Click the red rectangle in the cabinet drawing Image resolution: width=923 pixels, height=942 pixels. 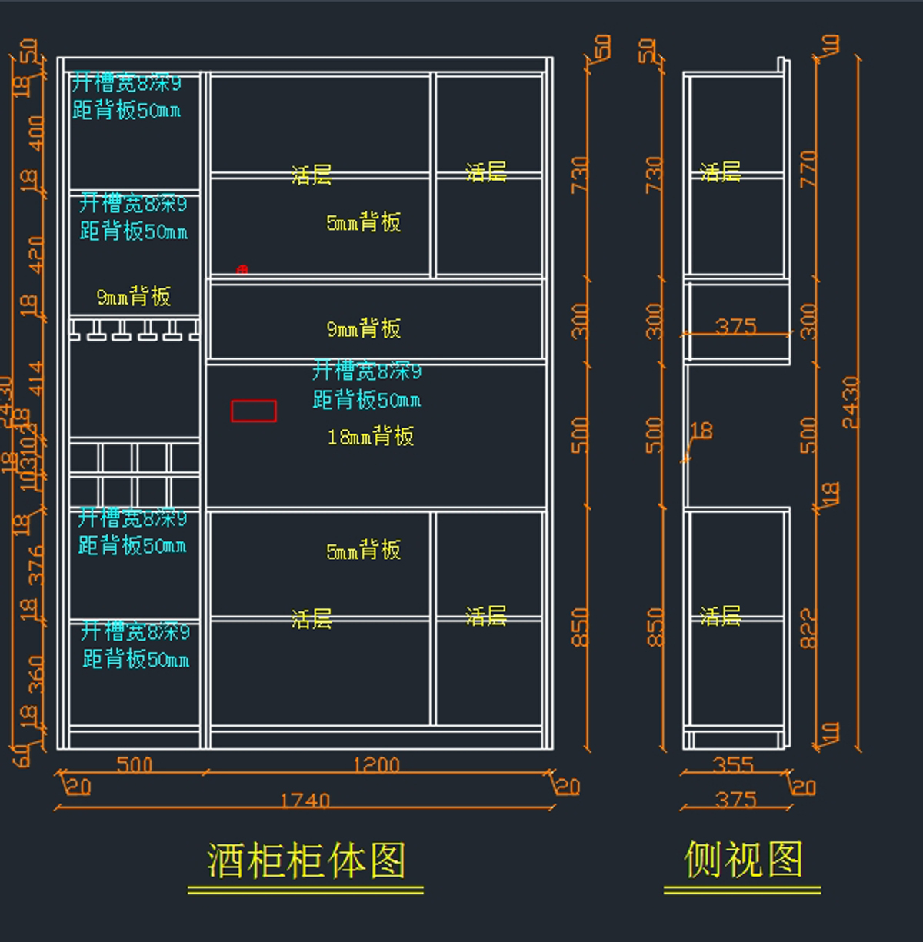click(x=254, y=411)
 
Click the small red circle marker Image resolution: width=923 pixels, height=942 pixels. click(x=242, y=270)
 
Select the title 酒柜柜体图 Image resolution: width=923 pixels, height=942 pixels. click(x=305, y=860)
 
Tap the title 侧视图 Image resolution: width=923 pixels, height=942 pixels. click(x=743, y=859)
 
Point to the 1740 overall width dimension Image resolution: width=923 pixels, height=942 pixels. click(x=305, y=801)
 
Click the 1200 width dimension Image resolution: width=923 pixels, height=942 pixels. click(x=376, y=764)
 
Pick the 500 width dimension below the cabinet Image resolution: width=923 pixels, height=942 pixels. click(x=135, y=764)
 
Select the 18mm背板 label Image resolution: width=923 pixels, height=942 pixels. click(x=371, y=437)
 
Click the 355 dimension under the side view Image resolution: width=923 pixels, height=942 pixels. click(x=733, y=764)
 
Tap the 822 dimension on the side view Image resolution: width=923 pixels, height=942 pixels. click(x=808, y=628)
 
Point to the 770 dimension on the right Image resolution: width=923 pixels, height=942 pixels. click(x=808, y=169)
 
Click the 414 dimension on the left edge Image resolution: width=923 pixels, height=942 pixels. click(x=35, y=379)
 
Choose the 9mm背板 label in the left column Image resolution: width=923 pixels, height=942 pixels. click(x=134, y=297)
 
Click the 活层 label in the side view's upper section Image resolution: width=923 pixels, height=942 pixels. click(x=721, y=172)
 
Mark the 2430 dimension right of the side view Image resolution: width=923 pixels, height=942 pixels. click(x=849, y=401)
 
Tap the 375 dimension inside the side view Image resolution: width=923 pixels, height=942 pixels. click(x=736, y=326)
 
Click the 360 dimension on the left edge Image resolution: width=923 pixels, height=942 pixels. click(x=35, y=674)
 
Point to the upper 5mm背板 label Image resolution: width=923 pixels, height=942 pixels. click(x=363, y=223)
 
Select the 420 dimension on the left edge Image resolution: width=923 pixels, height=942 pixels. click(x=35, y=254)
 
